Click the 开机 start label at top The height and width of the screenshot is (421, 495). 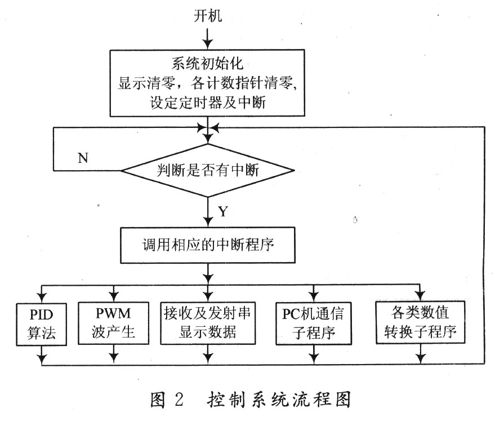point(207,15)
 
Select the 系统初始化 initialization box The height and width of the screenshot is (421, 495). point(207,83)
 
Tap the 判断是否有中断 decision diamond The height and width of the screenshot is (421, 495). point(208,171)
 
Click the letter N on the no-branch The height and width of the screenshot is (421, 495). point(83,158)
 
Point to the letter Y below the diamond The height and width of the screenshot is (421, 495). point(223,211)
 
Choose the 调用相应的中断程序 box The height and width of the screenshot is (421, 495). point(208,245)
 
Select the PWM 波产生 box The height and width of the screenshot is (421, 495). point(113,323)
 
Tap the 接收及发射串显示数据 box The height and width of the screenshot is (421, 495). point(208,323)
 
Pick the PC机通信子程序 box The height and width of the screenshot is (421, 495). point(314,323)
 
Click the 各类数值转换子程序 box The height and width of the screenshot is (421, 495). point(420,322)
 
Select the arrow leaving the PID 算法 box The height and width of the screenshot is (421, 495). point(42,355)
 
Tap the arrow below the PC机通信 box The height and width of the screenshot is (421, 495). point(314,354)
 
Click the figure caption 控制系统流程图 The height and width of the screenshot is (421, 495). point(279,400)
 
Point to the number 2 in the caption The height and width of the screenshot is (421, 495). point(179,400)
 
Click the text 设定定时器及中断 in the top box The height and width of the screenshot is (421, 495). point(208,103)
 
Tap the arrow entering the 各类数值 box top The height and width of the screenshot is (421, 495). point(420,293)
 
